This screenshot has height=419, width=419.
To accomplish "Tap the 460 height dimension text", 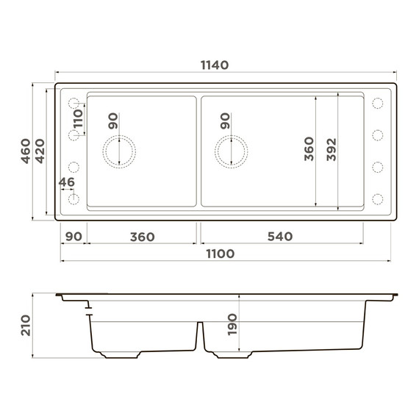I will (25, 151).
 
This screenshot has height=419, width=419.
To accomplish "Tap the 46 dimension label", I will (66, 182).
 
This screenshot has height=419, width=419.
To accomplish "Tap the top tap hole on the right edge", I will (379, 103).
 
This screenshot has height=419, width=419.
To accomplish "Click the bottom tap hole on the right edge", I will (379, 198).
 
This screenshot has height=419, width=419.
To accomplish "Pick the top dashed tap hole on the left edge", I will (73, 103).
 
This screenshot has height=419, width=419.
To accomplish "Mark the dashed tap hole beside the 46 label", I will (73, 198).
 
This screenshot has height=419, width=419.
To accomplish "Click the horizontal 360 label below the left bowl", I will (142, 237).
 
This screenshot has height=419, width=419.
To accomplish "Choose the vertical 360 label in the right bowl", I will (309, 149).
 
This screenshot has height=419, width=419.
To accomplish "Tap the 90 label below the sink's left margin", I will (74, 237).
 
